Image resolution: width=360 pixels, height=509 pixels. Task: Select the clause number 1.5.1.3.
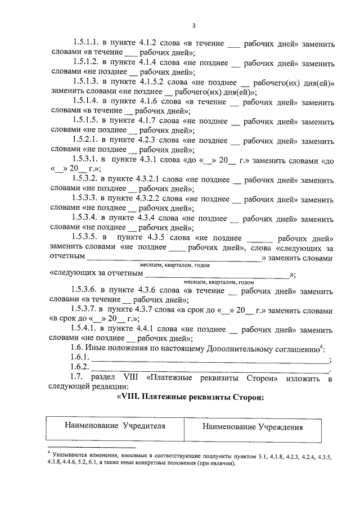click(x=85, y=82)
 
